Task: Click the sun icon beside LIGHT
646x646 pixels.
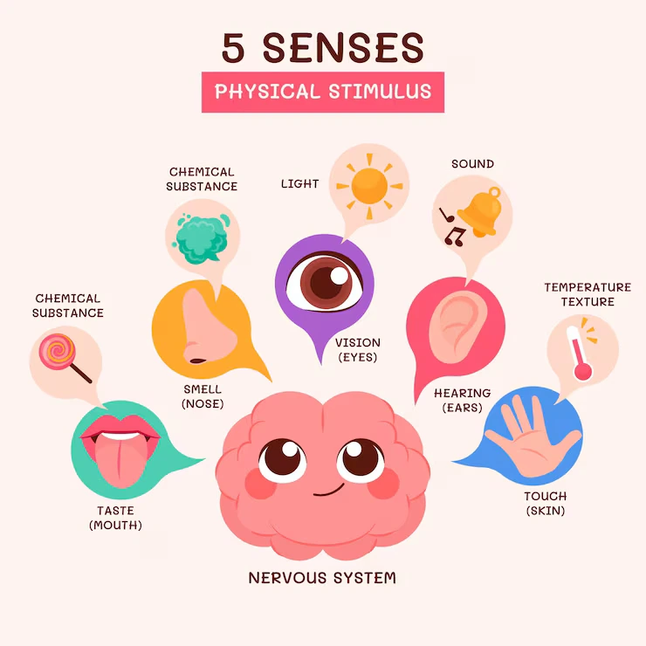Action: pos(369,186)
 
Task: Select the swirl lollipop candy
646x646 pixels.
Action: pos(65,357)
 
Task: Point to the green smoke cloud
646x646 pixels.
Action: pos(202,238)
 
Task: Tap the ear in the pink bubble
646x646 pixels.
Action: pos(456,327)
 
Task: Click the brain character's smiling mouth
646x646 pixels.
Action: pos(329,491)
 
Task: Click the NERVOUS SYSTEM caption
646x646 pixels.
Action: pos(322,578)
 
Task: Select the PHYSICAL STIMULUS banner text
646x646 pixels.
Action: pos(323,92)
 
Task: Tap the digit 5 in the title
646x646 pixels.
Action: pos(233,48)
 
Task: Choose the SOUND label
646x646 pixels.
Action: pos(472,164)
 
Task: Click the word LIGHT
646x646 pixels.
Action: pos(300,183)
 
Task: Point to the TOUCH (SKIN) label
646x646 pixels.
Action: pos(546,504)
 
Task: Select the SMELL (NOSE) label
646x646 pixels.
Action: pos(203,396)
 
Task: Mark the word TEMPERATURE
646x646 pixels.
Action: pos(588,287)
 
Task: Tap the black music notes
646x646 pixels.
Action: pos(452,228)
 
